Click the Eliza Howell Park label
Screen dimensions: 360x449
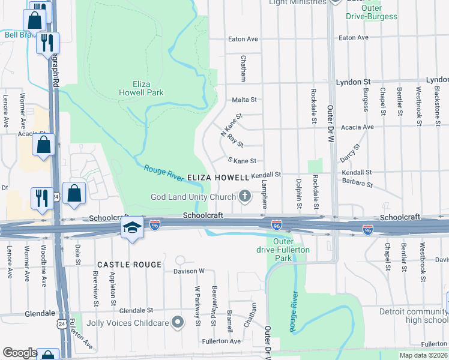[148, 88]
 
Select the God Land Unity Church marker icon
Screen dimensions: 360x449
[245, 196]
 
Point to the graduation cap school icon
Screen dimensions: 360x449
[132, 227]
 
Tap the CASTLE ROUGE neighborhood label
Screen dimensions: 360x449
[130, 265]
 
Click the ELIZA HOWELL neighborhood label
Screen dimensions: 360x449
[218, 178]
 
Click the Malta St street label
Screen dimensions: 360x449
[245, 100]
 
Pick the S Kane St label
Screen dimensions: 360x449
[243, 161]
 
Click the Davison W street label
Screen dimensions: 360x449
[189, 271]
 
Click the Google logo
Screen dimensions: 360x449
[20, 353]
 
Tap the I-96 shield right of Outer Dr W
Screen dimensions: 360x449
[368, 230]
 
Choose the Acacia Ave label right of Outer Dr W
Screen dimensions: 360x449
[374, 127]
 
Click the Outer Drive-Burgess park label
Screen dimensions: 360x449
[371, 12]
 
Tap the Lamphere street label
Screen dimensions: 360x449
[264, 195]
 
